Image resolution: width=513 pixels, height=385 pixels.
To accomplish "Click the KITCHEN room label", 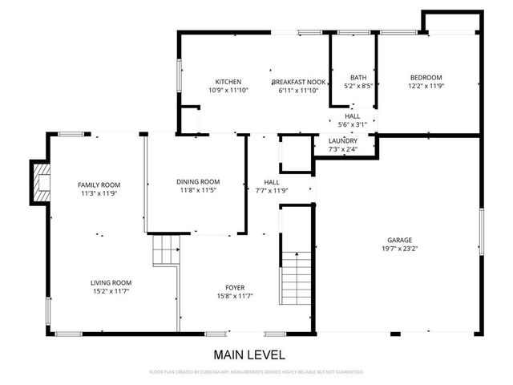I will [x=228, y=82].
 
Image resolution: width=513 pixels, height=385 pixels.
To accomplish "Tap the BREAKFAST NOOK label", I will [x=297, y=82].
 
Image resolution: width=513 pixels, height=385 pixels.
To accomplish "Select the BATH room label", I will [x=357, y=76].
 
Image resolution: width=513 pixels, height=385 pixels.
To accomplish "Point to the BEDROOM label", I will [x=426, y=77].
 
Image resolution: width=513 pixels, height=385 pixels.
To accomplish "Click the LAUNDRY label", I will [x=342, y=140].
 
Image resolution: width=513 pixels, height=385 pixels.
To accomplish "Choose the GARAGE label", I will [x=400, y=240].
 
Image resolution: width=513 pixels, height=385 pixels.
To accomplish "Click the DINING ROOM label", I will [x=198, y=181].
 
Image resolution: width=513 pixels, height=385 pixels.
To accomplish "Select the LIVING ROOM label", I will [x=111, y=282].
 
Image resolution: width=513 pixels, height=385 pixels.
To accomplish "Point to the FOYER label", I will [x=235, y=287].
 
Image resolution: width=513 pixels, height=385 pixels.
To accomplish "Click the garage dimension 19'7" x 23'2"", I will [x=400, y=249].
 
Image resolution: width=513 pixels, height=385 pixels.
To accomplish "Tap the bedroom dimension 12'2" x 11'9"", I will [x=426, y=86].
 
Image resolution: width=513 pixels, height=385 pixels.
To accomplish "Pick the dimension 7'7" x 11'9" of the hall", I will [x=272, y=190].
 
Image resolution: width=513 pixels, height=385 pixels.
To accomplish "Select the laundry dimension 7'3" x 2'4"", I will [x=342, y=149].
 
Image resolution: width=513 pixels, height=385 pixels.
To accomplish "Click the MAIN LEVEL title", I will [x=248, y=354].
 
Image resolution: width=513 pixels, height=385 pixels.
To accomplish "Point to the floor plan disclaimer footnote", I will [x=256, y=372].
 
